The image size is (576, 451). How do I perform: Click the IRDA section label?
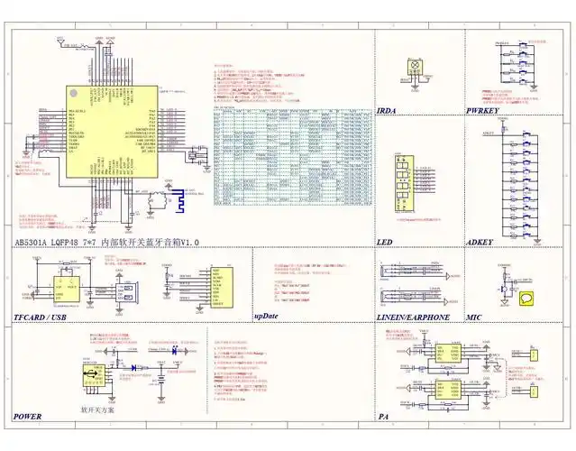click(389, 111)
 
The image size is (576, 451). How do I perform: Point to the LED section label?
click(386, 242)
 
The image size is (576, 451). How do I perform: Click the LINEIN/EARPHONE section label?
click(414, 318)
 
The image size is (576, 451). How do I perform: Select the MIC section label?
click(476, 318)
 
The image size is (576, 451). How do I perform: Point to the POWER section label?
click(29, 417)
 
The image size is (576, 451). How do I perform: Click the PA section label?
click(383, 417)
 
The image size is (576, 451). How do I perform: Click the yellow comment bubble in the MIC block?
click(528, 298)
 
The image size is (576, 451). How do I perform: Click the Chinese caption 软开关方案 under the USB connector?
click(96, 407)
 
